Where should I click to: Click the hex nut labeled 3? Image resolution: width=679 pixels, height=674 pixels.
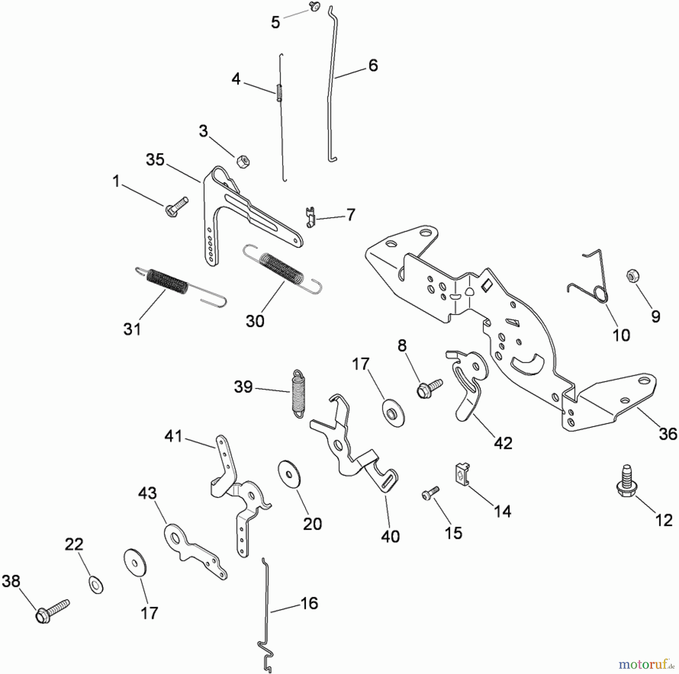click(x=243, y=162)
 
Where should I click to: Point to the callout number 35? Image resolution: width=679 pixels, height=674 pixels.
click(x=155, y=160)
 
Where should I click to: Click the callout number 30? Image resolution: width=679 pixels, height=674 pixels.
click(x=255, y=321)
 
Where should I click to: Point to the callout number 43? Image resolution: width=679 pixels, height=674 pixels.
click(x=147, y=493)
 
